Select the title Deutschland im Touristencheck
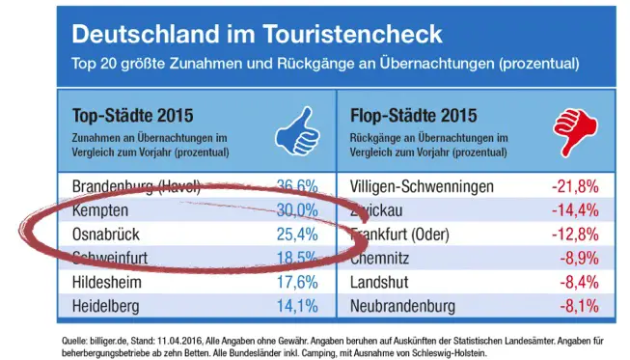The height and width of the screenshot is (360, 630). point(258,35)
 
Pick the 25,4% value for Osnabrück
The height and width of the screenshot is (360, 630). point(296,234)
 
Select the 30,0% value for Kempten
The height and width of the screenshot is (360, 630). point(296,209)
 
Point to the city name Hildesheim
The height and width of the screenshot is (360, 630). point(108,282)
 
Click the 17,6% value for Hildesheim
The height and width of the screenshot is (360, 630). point(296,282)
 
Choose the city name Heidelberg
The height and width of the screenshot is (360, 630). point(108,306)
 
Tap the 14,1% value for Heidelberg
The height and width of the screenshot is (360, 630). point(296,306)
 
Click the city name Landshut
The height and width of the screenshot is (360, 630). point(376,282)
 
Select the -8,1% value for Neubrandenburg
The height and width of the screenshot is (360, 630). point(578,306)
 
